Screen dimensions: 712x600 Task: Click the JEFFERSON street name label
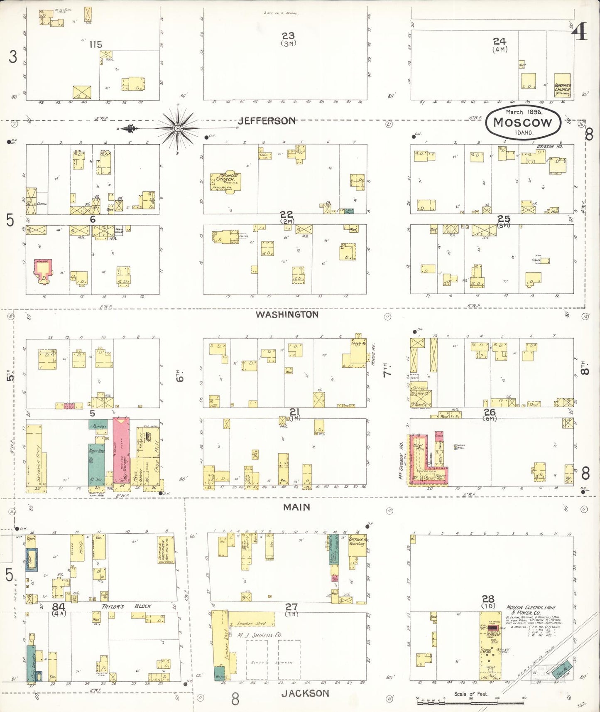point(267,121)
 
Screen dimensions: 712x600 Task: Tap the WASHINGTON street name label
point(287,314)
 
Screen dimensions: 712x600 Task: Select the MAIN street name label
point(296,507)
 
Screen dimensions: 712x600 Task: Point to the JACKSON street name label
point(305,693)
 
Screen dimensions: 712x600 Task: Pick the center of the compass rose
point(178,128)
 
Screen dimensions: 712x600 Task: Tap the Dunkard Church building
point(562,86)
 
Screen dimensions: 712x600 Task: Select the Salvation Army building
point(34,455)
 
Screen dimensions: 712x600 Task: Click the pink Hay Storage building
point(121,451)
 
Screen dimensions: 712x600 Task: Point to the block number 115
point(96,44)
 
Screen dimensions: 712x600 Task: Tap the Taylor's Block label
point(126,606)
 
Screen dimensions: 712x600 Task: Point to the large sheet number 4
point(581,31)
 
